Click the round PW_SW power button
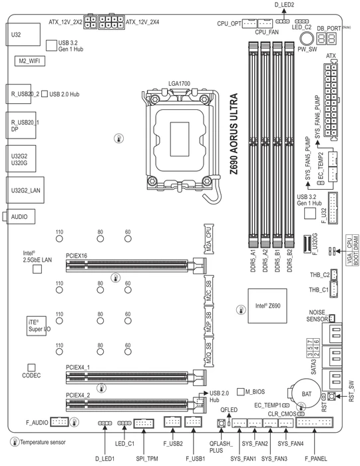(307, 39)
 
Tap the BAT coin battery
(306, 393)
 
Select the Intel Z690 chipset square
(268, 306)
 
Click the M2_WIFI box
(30, 61)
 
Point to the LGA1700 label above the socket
(179, 83)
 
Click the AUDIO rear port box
(19, 216)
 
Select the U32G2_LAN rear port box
(25, 190)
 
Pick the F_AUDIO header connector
(59, 421)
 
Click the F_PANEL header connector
(314, 422)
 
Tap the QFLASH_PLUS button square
(221, 423)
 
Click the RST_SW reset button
(331, 397)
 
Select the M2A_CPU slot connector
(209, 239)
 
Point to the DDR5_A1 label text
(253, 260)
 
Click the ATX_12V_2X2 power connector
(90, 22)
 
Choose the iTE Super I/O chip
(37, 326)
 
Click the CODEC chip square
(31, 367)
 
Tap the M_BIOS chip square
(241, 392)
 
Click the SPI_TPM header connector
(144, 423)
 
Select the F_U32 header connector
(333, 208)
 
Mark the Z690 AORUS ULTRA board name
(234, 134)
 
